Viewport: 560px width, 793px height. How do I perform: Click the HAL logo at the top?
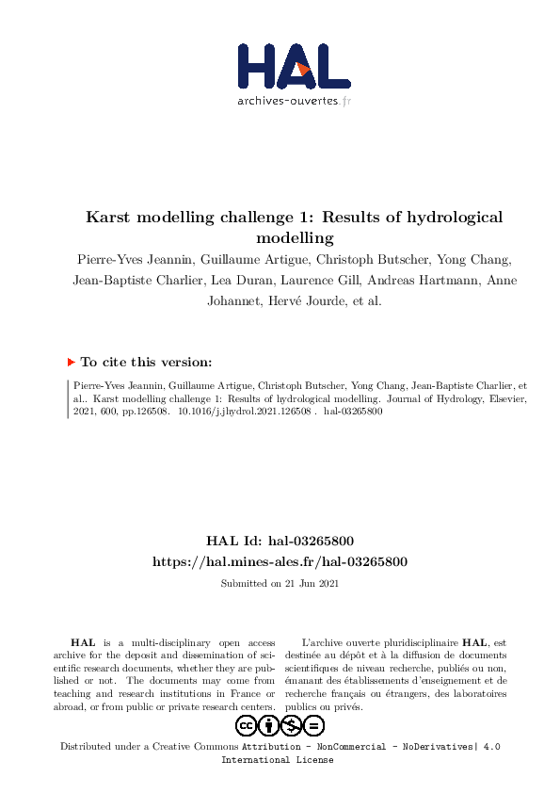point(293,66)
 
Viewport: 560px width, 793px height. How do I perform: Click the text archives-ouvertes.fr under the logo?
point(294,100)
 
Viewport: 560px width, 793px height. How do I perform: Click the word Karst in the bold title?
point(111,217)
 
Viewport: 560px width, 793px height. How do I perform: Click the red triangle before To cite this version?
point(71,362)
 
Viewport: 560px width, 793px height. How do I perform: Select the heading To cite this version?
point(146,362)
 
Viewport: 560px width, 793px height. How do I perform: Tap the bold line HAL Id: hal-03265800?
point(280,542)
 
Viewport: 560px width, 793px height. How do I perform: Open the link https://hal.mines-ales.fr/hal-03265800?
point(280,561)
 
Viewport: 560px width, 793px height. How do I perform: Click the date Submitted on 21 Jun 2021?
point(280,584)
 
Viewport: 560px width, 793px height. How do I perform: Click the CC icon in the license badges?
point(247,725)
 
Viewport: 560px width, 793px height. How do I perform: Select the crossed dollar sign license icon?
point(292,725)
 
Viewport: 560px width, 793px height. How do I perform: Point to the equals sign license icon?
point(314,725)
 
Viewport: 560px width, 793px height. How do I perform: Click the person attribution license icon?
point(269,725)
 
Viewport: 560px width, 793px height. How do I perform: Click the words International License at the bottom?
point(277,760)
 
